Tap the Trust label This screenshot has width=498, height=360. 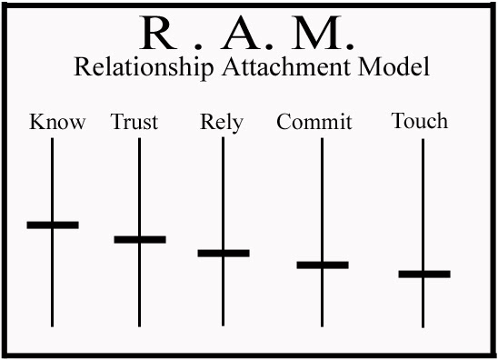coord(134,122)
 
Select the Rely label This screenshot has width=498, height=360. coord(221,123)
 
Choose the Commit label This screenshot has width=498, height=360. coord(314,122)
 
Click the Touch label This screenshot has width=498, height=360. coord(419,121)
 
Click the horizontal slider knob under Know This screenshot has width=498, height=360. coord(53,224)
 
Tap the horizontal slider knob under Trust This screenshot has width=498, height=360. coord(140,239)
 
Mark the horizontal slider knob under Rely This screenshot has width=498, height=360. coord(224,253)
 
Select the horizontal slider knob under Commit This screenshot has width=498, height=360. coord(323,265)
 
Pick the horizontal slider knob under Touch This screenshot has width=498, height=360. coord(424,274)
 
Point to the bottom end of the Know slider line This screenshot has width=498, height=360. coord(53,324)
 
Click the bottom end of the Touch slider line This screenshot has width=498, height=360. coord(423,325)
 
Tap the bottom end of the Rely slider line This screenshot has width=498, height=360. coord(224,324)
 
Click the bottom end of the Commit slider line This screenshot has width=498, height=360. coord(323,324)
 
